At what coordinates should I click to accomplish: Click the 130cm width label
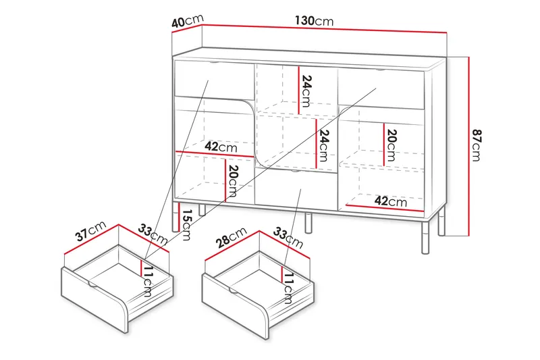tap(314, 21)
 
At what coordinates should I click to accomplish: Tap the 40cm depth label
tap(188, 21)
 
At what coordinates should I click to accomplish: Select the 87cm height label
tap(477, 145)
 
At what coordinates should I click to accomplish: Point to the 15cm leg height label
tap(186, 225)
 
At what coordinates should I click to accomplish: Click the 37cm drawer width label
tap(91, 232)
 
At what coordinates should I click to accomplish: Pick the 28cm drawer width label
tap(232, 237)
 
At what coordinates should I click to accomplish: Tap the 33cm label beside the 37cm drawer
tap(153, 234)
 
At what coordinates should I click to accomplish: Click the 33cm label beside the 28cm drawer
tap(288, 238)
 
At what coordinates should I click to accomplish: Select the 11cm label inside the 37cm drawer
tap(147, 282)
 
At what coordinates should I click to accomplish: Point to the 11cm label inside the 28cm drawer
tap(289, 288)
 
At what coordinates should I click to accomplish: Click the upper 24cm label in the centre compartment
tap(306, 91)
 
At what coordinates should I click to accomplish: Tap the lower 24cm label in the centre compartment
tap(324, 145)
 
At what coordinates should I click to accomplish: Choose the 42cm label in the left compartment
tap(221, 147)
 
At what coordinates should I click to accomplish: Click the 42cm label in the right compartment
tap(391, 201)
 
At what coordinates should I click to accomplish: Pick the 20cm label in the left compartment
tap(233, 181)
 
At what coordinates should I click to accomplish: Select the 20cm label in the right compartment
tap(391, 145)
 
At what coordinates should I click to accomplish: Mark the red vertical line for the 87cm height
tap(468, 147)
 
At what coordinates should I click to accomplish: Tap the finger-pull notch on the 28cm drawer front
tap(233, 292)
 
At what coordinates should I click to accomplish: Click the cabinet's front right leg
tap(425, 237)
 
